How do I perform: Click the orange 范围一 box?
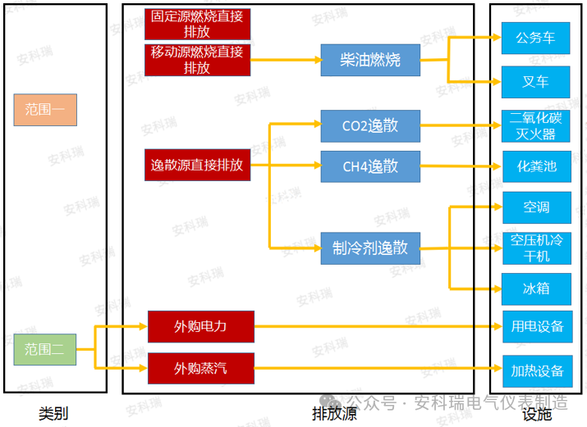coord(45,110)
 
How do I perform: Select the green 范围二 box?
coord(45,349)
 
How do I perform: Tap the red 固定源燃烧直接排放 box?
coord(197,24)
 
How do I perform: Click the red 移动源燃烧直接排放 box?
coord(197,61)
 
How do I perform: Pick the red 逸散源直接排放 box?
coord(197,166)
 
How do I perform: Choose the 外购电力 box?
coord(200,326)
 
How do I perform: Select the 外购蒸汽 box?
coord(200,368)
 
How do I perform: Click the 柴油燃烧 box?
coord(370,61)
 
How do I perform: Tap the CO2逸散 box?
coord(370,126)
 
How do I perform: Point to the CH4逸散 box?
coord(370,166)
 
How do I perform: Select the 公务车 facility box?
coord(536,39)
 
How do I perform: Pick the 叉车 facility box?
coord(536,82)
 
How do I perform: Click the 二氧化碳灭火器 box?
coord(536,126)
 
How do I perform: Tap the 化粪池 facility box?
coord(536,167)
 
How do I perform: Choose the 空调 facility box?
coord(536,207)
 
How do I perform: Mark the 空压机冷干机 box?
coord(536,248)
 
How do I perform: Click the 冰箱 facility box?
coord(536,288)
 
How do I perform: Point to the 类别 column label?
coord(53,414)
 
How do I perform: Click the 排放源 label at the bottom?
coord(334,414)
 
